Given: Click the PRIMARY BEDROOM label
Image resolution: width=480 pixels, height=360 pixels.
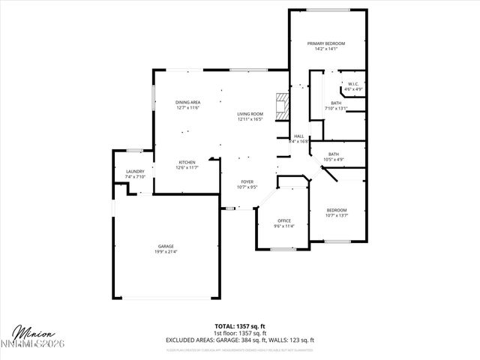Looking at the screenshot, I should click(x=326, y=44).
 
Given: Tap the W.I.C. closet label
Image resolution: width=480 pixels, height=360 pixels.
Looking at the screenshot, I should click(x=353, y=83).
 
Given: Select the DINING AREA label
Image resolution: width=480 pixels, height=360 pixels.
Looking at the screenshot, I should click(x=187, y=102).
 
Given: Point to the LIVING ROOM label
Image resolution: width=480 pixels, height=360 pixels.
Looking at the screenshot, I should click(x=250, y=113).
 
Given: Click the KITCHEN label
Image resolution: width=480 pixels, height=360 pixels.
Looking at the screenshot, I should click(x=187, y=162).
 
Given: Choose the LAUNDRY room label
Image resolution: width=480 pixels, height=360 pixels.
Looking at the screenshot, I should click(x=135, y=172).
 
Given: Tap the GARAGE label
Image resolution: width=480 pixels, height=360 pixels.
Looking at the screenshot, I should click(x=166, y=246).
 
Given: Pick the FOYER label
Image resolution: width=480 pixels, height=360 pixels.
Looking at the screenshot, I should click(x=247, y=182).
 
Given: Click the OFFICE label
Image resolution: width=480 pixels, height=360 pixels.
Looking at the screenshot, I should click(x=283, y=220).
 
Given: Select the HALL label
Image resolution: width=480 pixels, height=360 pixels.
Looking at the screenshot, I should click(x=298, y=136).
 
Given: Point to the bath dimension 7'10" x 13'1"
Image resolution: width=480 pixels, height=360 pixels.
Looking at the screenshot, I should click(x=336, y=109).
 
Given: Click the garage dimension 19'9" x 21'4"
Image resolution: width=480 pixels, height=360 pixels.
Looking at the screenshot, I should click(x=166, y=252).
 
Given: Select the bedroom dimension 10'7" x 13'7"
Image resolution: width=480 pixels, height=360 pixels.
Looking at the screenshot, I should click(x=337, y=215).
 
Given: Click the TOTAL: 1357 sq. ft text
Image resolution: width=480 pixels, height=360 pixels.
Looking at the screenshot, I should click(x=240, y=326).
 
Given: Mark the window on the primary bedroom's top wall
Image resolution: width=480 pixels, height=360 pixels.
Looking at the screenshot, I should click(x=327, y=10).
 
